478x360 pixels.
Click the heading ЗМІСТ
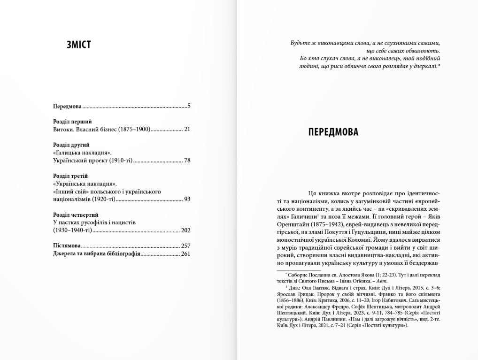click(79, 45)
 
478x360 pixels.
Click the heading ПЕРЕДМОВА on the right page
click(333, 132)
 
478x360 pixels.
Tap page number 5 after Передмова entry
click(188, 106)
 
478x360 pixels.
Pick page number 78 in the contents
click(186, 161)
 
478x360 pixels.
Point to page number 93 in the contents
click(186, 199)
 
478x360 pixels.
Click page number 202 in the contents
click(185, 230)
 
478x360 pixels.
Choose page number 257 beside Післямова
click(185, 246)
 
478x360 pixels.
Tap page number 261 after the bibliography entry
click(185, 254)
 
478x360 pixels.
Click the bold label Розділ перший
click(72, 122)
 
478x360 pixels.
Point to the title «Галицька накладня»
click(82, 153)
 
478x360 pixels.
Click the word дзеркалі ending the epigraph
click(424, 67)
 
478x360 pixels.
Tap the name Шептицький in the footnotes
click(291, 313)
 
